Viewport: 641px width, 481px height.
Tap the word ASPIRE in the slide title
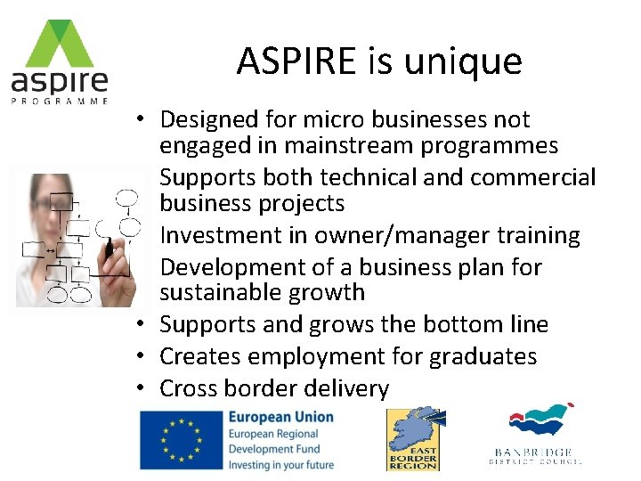tap(296, 61)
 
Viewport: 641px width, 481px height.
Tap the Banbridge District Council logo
tap(538, 436)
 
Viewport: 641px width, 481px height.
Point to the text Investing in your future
tap(280, 464)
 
